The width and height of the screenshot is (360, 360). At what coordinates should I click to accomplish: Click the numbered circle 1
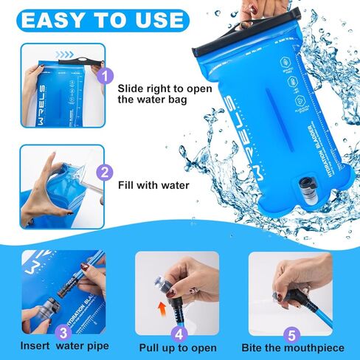point(105,75)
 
